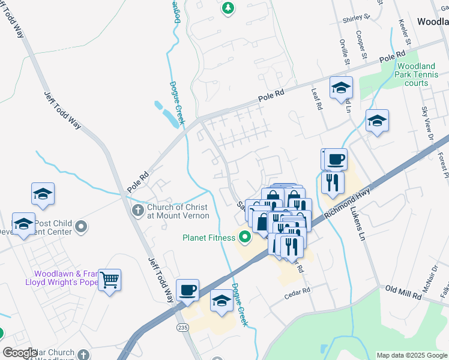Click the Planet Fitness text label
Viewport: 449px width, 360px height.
coord(209,238)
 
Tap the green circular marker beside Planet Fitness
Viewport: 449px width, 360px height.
coord(244,237)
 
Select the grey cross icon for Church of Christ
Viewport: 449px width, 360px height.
coord(137,210)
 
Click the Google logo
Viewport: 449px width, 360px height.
coord(20,353)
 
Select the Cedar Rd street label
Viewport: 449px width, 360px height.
coord(297,290)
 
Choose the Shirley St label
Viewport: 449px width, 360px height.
coord(356,20)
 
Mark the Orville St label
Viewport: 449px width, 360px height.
coord(344,51)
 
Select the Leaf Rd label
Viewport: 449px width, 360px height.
coord(317,98)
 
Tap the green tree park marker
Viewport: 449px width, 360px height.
coord(228,8)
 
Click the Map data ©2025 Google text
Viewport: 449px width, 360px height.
coord(411,355)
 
